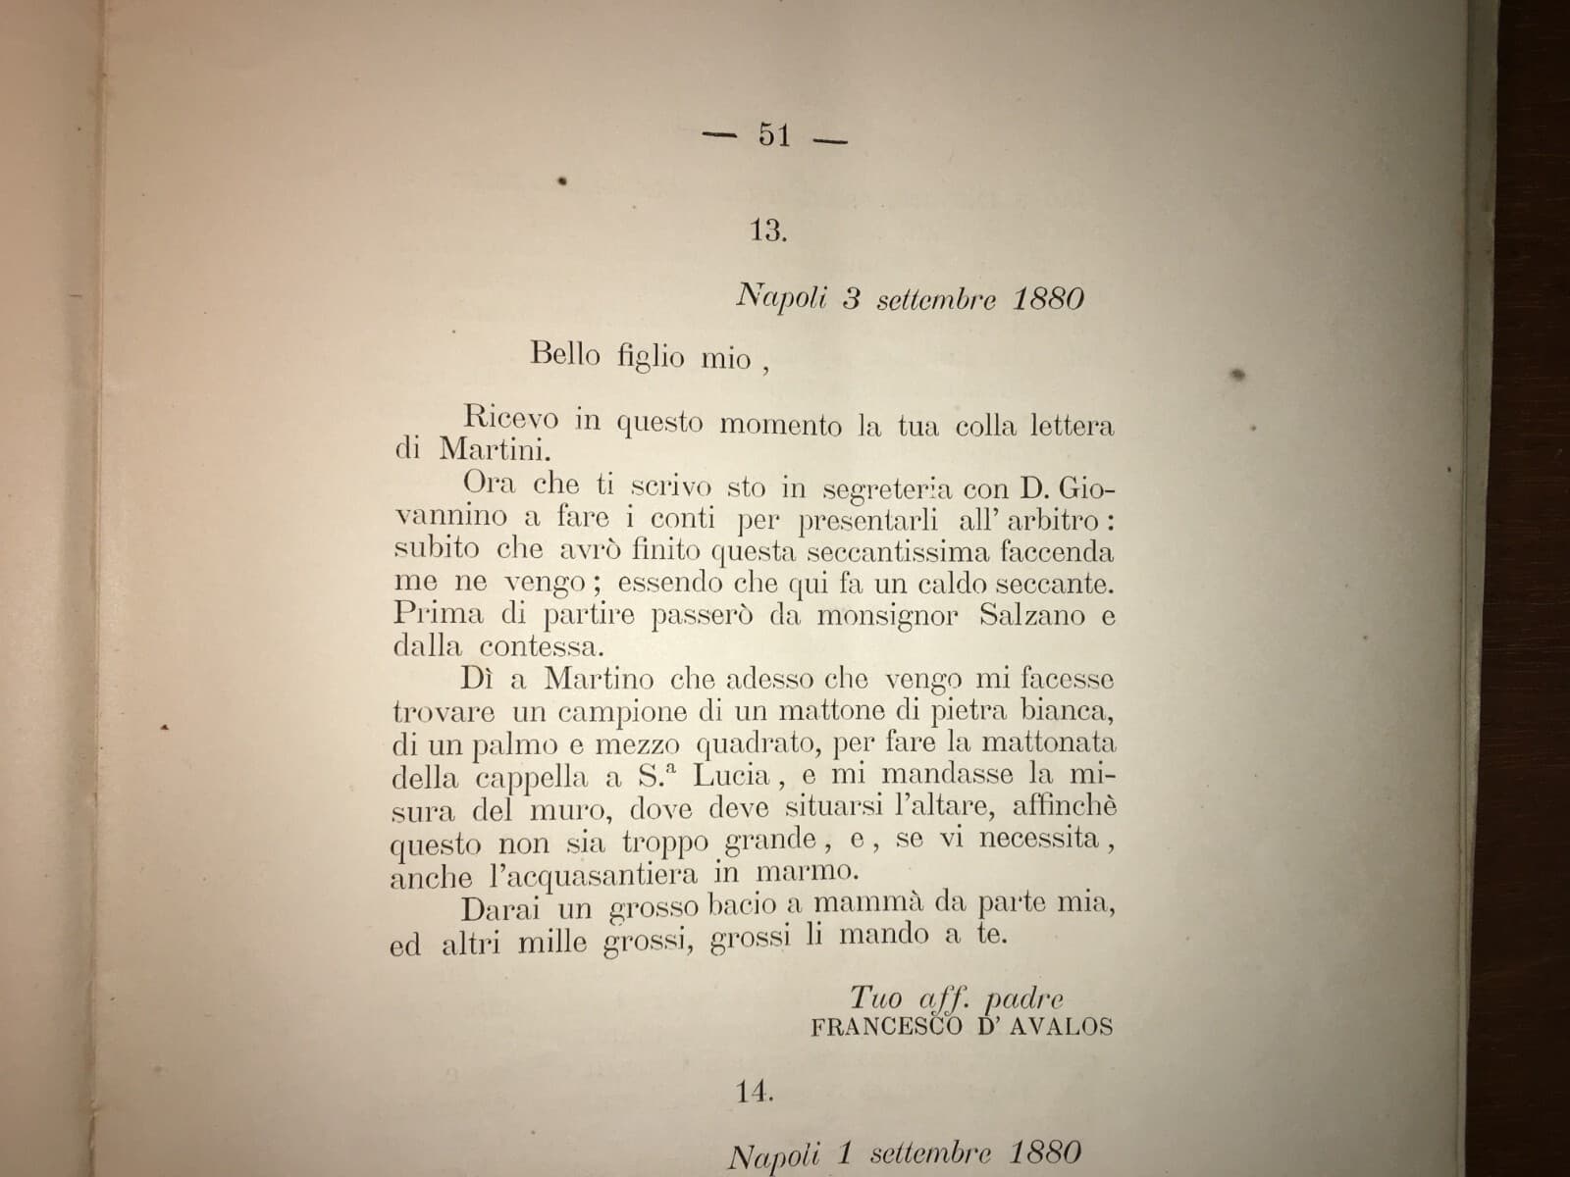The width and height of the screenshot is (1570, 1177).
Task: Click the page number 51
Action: [x=774, y=136]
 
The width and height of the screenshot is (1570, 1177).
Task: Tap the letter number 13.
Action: [x=768, y=231]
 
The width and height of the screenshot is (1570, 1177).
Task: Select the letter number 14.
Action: [x=754, y=1092]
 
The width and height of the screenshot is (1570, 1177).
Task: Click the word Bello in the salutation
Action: [x=563, y=353]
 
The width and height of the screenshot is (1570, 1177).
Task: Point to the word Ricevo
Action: [x=511, y=420]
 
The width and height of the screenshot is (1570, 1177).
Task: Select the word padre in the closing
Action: [x=1023, y=999]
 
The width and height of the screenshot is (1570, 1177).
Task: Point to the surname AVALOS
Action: [x=1065, y=1028]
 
